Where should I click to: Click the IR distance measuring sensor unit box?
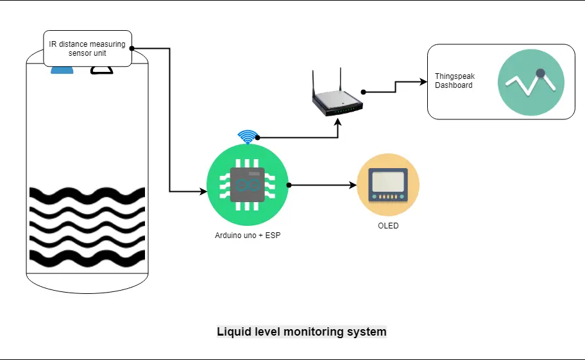point(87,49)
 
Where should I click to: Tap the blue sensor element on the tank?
point(62,70)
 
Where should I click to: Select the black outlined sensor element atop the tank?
point(102,70)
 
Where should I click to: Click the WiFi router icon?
point(337,92)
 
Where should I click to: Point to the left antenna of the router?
point(314,83)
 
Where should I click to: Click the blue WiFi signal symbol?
point(248,137)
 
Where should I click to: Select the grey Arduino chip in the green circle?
point(248,185)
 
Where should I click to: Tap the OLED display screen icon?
point(388,185)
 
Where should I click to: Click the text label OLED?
point(388,226)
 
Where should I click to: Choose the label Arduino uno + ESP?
point(248,236)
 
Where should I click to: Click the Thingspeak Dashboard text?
point(455,81)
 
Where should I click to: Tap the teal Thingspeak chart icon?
point(531,82)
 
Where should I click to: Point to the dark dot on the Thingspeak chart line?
point(540,73)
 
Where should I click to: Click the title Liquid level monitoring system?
point(301,332)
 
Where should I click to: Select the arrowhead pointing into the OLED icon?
point(353,185)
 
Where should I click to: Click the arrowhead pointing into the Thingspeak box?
point(423,81)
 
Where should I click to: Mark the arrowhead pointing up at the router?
point(337,122)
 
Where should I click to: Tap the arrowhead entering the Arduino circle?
point(203,192)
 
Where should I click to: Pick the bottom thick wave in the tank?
point(87,258)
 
